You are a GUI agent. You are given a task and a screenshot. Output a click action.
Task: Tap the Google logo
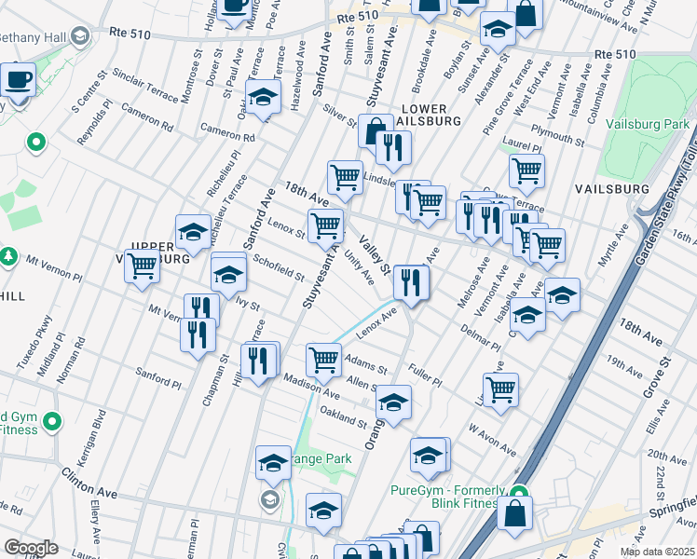point(31,548)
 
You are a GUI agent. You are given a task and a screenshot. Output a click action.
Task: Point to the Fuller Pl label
point(424,375)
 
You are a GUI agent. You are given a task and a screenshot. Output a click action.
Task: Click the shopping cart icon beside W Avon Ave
point(501,389)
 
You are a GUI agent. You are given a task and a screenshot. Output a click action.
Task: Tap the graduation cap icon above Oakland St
point(394,402)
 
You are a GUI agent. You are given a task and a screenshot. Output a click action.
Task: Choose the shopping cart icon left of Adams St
point(323,359)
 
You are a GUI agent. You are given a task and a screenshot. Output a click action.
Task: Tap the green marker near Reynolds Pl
point(36,143)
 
